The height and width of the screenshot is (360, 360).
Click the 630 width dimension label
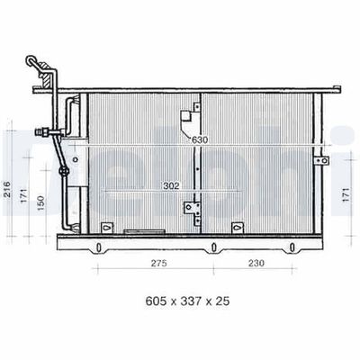[x=198, y=139]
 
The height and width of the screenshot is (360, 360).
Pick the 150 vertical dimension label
[x=40, y=205]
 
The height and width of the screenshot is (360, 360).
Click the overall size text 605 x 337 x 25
[x=180, y=302]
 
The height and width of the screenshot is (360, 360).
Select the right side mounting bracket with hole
[x=321, y=159]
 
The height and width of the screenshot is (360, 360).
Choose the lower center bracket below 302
[x=190, y=209]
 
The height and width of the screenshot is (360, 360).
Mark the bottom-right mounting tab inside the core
[x=238, y=227]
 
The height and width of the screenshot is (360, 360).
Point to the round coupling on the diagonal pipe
[x=62, y=171]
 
